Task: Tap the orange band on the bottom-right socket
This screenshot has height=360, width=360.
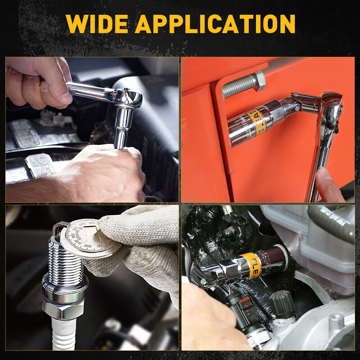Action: coord(251,264)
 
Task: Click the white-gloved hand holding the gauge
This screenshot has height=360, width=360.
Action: coord(144,245)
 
